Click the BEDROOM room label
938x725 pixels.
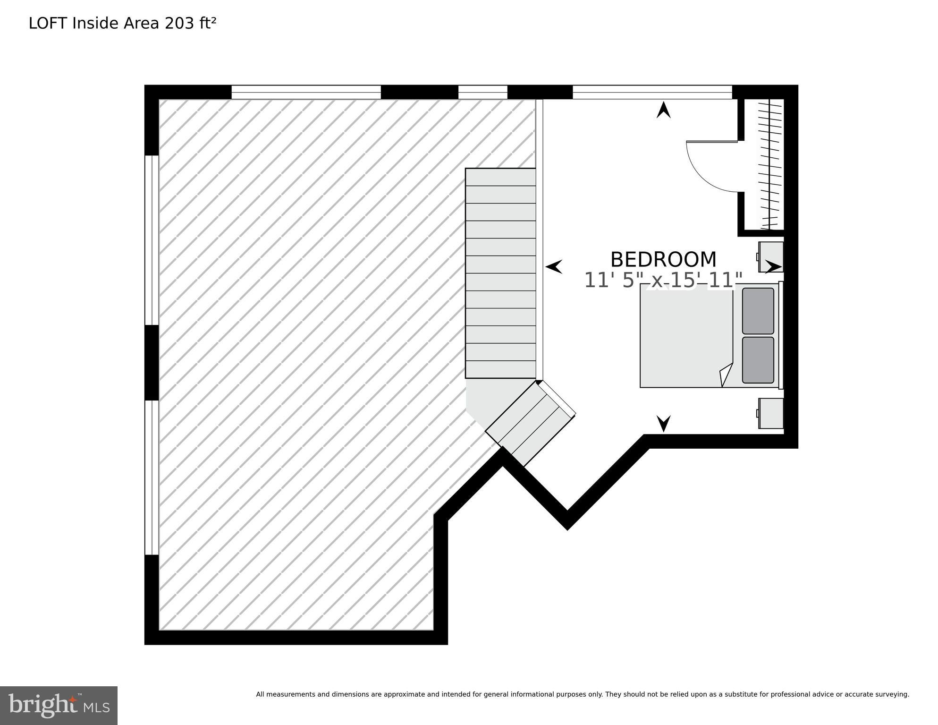click(x=663, y=260)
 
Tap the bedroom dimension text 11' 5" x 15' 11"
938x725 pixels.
click(x=663, y=281)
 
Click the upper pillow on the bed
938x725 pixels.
click(x=758, y=311)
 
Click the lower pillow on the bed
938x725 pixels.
click(x=758, y=360)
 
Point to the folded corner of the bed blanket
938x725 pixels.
click(x=726, y=375)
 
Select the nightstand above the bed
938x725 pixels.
click(x=770, y=256)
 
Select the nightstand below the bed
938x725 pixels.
click(x=770, y=413)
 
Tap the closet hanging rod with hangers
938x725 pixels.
click(x=770, y=165)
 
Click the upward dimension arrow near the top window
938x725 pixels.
click(x=664, y=110)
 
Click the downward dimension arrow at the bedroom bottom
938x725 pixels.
click(x=664, y=423)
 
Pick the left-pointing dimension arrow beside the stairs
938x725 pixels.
click(x=554, y=267)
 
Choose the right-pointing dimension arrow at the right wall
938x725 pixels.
click(x=773, y=267)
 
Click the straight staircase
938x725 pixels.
click(x=500, y=273)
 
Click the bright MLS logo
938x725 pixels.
click(x=59, y=705)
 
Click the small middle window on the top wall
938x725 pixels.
click(x=482, y=92)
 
